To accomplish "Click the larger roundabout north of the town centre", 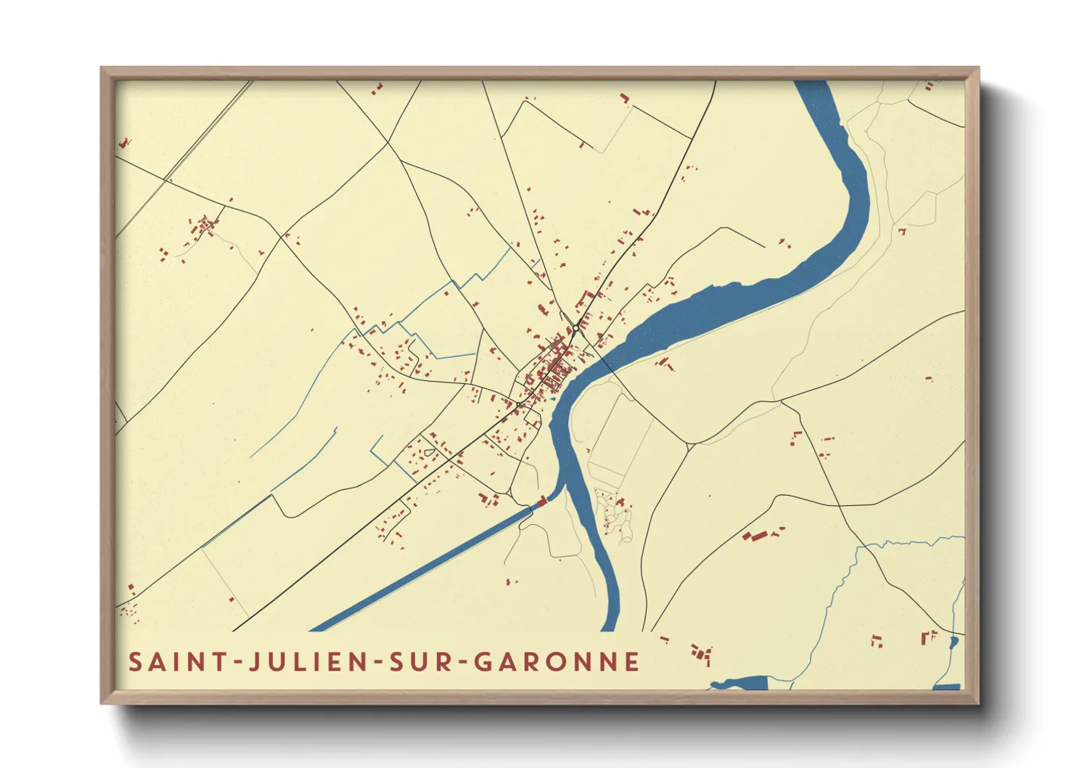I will [x=575, y=329].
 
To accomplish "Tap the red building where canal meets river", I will [x=541, y=502].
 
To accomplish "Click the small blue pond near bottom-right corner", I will [x=954, y=642].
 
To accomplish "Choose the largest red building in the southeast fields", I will [x=755, y=536].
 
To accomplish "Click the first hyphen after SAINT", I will [x=237, y=663].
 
